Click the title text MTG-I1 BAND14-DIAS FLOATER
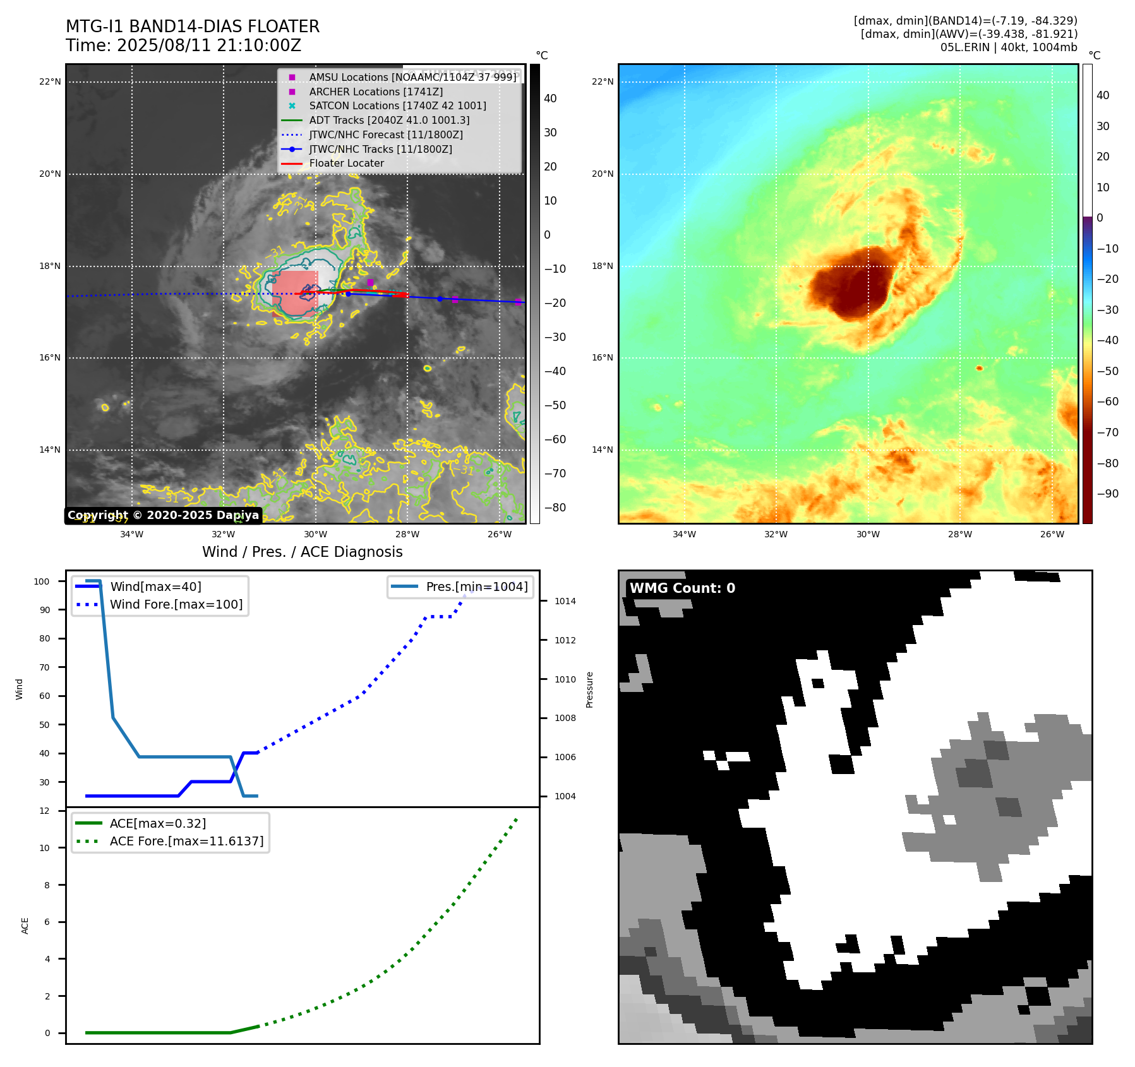pos(193,27)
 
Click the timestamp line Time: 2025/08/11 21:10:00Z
pos(183,45)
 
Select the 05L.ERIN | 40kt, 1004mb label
pos(1009,47)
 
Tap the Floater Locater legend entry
pos(346,163)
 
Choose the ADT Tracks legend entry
pos(389,120)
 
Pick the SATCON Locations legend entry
pos(397,105)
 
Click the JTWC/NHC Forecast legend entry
pos(386,134)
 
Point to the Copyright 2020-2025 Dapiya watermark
pos(163,515)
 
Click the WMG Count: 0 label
pos(682,588)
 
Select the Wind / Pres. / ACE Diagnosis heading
pos(302,552)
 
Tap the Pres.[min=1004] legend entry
pos(476,587)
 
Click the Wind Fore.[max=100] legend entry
pos(176,604)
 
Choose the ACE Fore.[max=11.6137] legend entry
pos(186,841)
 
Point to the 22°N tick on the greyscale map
pos(50,81)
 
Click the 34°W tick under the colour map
pos(684,534)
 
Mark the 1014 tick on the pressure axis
pos(565,601)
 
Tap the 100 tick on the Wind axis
pos(42,581)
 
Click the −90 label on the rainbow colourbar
pos(1107,494)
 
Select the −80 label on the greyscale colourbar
pos(555,508)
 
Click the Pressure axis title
pos(590,689)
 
